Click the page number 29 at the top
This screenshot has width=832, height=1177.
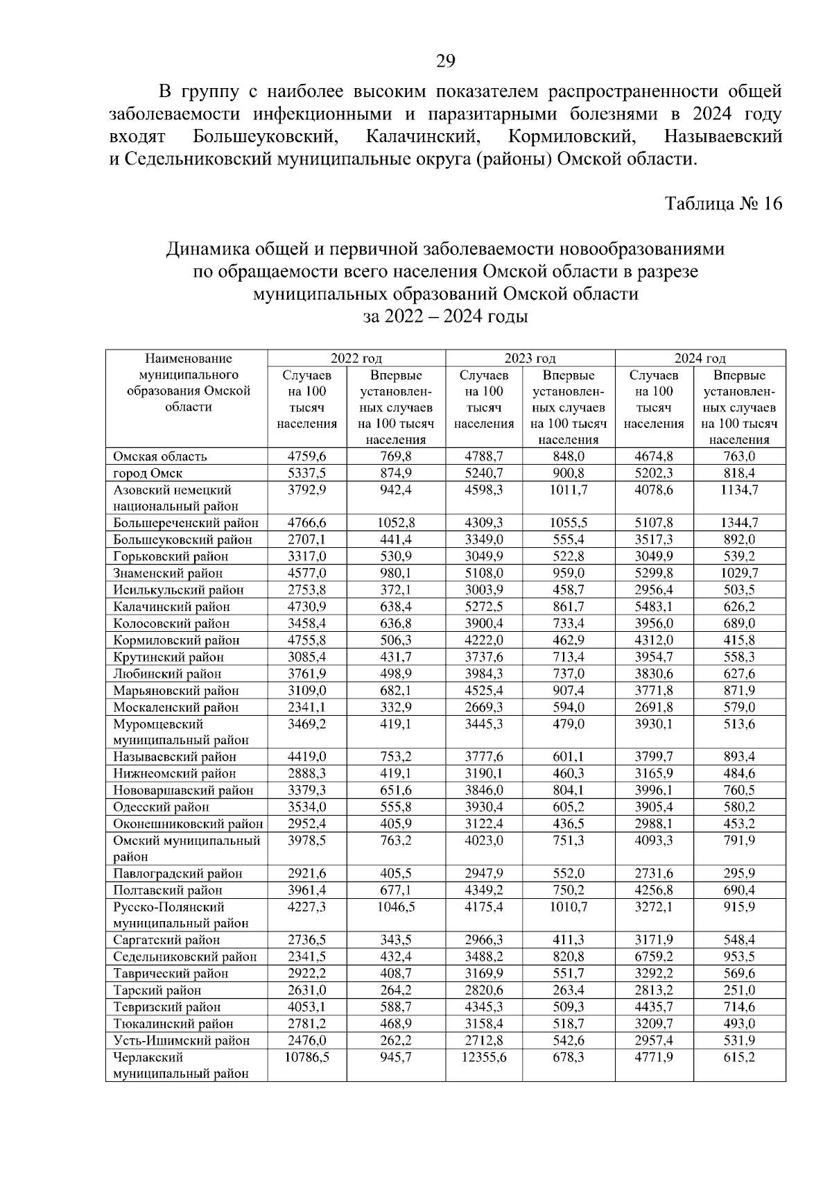[445, 62]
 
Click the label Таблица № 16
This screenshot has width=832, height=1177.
[723, 203]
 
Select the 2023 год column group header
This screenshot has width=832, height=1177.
[530, 359]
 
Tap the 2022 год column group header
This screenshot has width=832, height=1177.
[356, 359]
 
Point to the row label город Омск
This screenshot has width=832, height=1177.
[148, 474]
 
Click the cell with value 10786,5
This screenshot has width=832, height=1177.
[306, 1058]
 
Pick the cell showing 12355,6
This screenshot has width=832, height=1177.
[483, 1058]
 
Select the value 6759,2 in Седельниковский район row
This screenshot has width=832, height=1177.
[654, 957]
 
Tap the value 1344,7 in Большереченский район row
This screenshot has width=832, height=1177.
[739, 523]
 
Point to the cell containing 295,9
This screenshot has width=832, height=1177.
[739, 874]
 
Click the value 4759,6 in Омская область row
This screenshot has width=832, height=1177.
[306, 456]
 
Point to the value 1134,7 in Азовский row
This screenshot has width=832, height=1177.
[739, 490]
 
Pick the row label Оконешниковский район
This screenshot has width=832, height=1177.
[188, 824]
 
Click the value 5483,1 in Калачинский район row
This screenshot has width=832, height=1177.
[654, 607]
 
